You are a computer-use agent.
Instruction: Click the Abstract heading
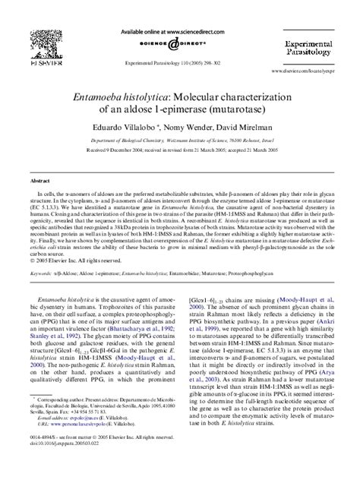click(x=40, y=182)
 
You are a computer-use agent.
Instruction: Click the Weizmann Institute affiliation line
click(x=179, y=142)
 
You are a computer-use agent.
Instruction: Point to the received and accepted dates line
click(x=179, y=151)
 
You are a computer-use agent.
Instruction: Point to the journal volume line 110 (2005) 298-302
click(x=179, y=62)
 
